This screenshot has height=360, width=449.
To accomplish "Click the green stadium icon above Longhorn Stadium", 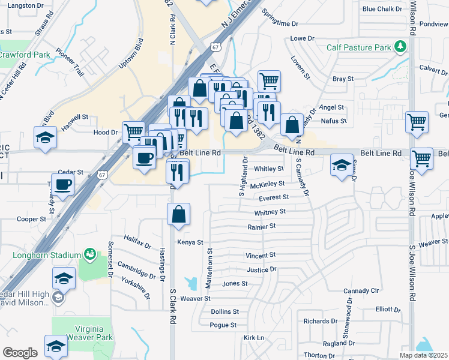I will [x=89, y=254].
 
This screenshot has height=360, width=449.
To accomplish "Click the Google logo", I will [x=20, y=353].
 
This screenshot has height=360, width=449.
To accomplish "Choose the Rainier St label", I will [x=261, y=226].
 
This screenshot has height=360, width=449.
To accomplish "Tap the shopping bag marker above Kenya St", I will [x=179, y=214].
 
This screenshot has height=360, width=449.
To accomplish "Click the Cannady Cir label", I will [x=362, y=290].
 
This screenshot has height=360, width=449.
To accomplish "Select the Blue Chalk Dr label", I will [x=382, y=9].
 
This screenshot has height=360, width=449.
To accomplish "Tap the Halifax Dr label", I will [x=138, y=241].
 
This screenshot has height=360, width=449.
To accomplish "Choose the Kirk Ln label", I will [x=254, y=338].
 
